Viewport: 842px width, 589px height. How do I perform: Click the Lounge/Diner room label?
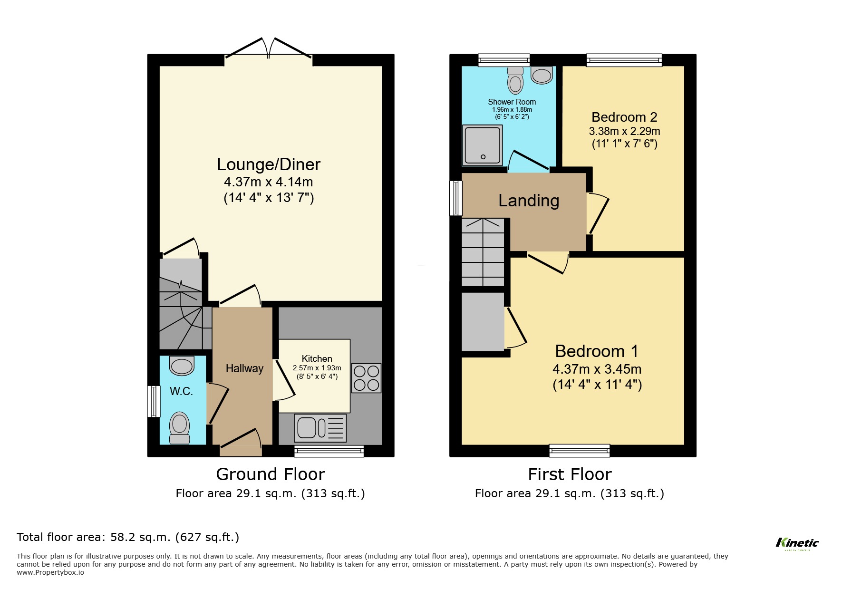coord(269,164)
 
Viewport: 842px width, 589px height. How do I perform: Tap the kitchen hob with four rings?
coord(366,378)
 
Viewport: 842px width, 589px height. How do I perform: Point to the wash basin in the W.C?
coord(182,366)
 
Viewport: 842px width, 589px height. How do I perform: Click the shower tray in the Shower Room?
coord(482,145)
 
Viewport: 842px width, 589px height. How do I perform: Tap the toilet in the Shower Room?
coord(515,80)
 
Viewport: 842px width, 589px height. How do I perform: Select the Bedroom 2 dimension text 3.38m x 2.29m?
coord(624,131)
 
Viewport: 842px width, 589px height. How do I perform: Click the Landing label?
coord(529,201)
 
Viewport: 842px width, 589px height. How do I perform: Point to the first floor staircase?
coord(483,252)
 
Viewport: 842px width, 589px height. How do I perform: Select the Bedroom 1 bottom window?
coord(579,450)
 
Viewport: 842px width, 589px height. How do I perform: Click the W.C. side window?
coord(154,401)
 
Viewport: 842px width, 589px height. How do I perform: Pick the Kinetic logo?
coord(797,543)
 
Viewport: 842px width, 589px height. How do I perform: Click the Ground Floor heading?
coord(270,474)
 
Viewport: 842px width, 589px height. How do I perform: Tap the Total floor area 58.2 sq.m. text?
coord(128,537)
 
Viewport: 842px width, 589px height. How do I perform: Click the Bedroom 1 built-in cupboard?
coord(483,322)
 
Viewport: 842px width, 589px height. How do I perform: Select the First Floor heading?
coord(570,474)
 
